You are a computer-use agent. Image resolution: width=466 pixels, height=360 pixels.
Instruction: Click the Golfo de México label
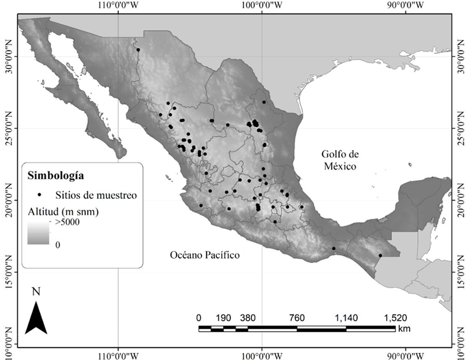tap(340, 160)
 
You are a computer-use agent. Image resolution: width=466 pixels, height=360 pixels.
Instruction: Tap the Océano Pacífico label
tap(205, 255)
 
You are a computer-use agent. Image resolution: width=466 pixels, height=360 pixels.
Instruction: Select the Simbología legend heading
tap(56, 175)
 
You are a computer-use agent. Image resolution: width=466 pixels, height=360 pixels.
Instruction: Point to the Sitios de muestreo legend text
tap(96, 195)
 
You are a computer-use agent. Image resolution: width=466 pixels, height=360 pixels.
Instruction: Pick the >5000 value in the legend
tap(67, 223)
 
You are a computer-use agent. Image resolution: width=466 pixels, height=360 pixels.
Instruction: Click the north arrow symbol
tap(37, 317)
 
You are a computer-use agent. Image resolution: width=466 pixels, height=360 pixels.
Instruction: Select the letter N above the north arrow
tap(37, 291)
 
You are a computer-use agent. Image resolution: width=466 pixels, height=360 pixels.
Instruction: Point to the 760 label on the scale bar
tap(297, 317)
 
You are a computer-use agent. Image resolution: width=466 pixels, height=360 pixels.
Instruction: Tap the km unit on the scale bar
tap(404, 328)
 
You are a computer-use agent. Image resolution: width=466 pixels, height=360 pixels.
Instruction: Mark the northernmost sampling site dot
tap(138, 50)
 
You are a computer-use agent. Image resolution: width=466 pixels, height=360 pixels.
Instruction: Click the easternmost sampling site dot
tap(381, 256)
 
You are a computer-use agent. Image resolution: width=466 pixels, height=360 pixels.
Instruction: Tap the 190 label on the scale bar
tap(223, 317)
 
